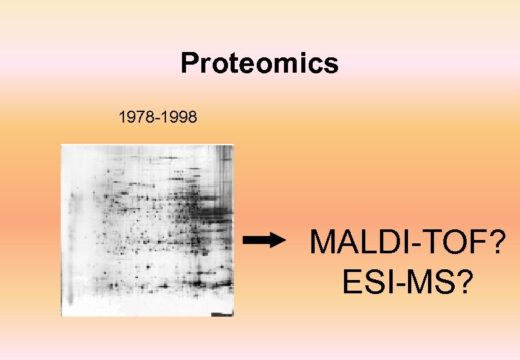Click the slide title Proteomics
point(259,64)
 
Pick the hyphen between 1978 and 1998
point(157,119)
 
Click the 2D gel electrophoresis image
point(147,230)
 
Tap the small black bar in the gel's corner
point(221,313)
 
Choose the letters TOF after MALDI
point(449,243)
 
